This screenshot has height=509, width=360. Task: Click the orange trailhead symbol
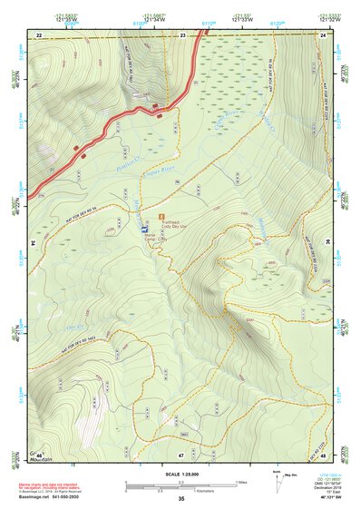pyautogui.click(x=162, y=219)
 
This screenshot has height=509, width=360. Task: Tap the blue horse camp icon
pyautogui.click(x=145, y=230)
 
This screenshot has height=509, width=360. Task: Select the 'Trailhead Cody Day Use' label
pyautogui.click(x=180, y=221)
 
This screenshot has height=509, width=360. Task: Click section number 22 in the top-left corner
pyautogui.click(x=39, y=34)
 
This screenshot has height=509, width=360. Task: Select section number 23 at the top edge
pyautogui.click(x=182, y=34)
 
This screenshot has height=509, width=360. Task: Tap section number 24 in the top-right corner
pyautogui.click(x=322, y=34)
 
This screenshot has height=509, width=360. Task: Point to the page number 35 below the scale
pyautogui.click(x=181, y=498)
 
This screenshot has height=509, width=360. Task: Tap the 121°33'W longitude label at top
pyautogui.click(x=241, y=19)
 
